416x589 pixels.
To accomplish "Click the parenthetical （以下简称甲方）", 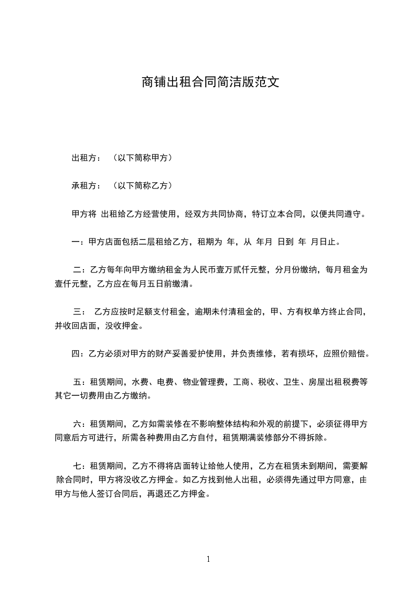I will coord(142,157).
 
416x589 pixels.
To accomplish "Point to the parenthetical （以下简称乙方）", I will coord(142,185).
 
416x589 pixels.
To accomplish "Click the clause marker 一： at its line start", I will coord(77,242).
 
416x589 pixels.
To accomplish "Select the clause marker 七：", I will coord(81,466).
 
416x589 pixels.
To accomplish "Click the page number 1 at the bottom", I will coord(208,559).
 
